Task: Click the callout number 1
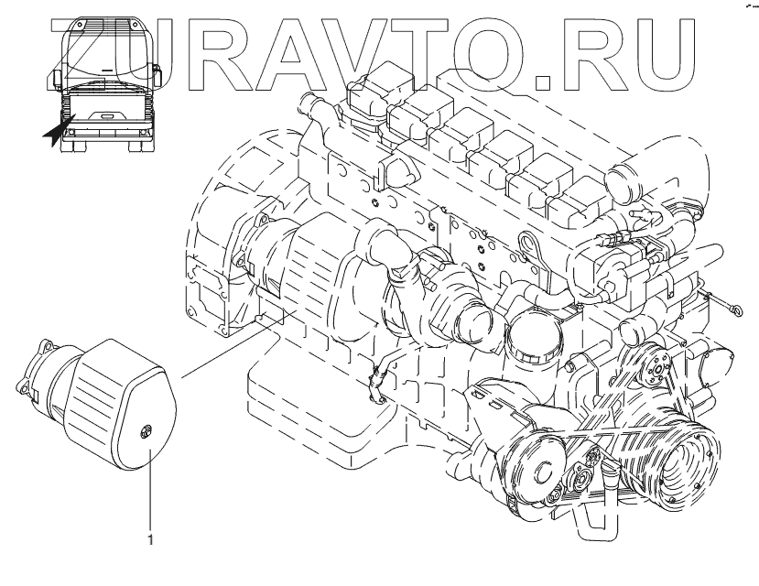point(150,539)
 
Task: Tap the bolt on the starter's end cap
point(145,431)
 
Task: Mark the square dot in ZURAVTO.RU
point(542,82)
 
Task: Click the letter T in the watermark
point(436,55)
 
